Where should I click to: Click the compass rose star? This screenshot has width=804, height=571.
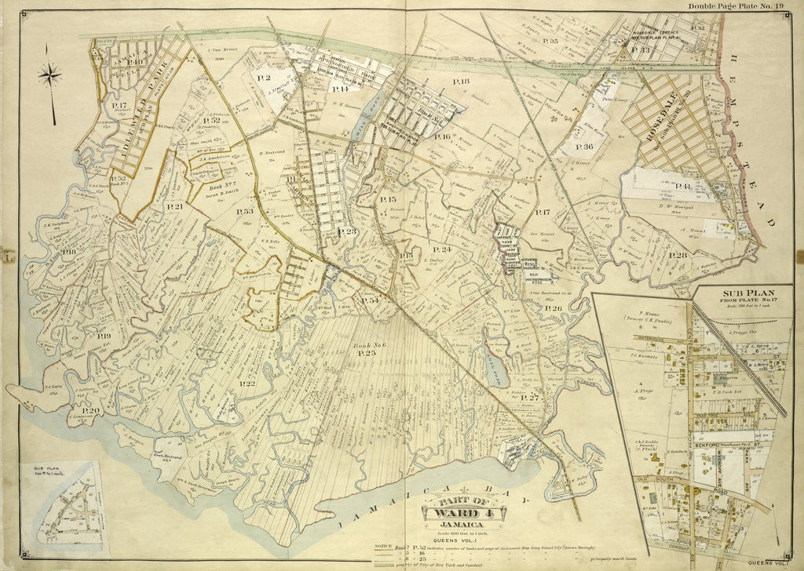tap(51, 76)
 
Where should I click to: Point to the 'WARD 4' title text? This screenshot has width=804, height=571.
tap(461, 515)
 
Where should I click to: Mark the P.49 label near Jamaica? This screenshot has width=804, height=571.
tap(137, 62)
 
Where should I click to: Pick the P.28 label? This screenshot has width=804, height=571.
tap(678, 255)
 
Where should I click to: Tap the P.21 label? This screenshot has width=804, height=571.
tap(174, 206)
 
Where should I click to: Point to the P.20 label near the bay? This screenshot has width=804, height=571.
tap(90, 411)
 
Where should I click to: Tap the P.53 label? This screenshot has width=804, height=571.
tap(245, 211)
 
